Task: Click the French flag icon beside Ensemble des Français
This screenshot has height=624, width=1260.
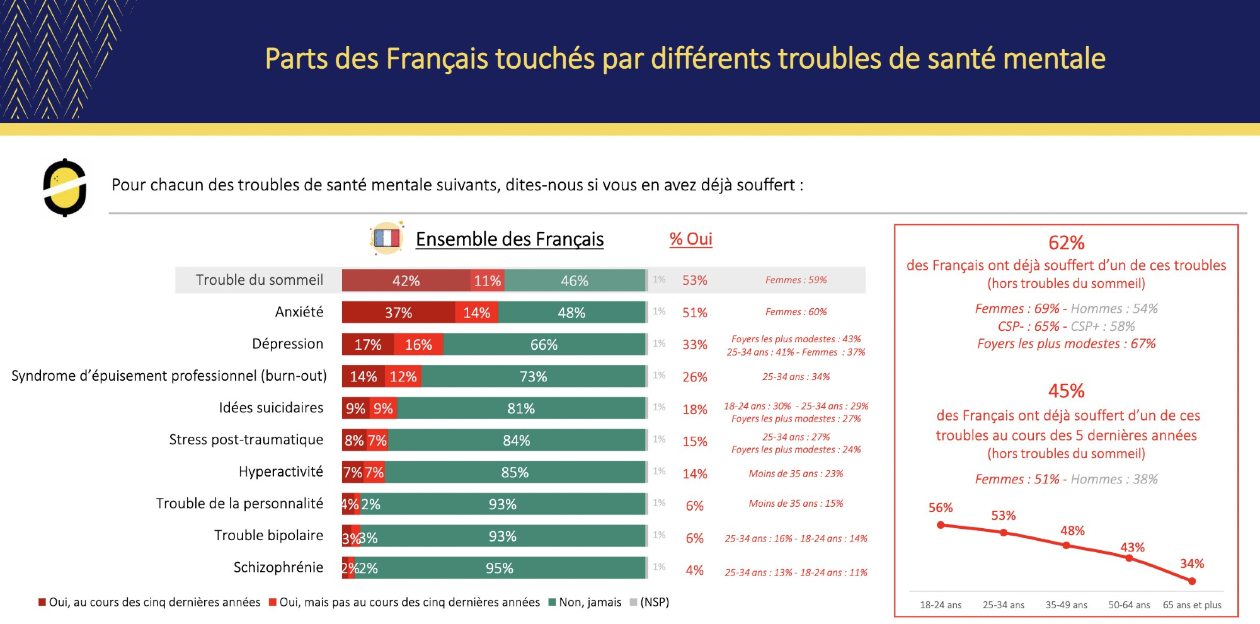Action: click(x=387, y=238)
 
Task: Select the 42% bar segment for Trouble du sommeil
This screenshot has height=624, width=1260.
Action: click(x=406, y=280)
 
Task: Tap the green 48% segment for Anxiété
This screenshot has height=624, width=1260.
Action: click(x=571, y=313)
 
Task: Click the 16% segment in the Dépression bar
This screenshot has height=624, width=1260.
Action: click(x=418, y=345)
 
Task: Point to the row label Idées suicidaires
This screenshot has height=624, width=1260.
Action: click(x=271, y=408)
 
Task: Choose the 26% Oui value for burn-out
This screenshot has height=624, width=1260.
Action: click(x=695, y=377)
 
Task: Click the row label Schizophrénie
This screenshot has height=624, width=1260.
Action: click(x=278, y=567)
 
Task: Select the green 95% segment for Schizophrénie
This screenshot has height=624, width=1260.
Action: click(x=500, y=568)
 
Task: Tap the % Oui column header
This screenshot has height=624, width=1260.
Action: click(x=690, y=239)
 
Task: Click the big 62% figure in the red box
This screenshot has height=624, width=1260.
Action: click(x=1066, y=243)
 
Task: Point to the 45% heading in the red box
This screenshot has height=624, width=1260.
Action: click(x=1066, y=391)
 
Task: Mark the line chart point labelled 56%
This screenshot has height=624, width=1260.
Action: click(x=941, y=525)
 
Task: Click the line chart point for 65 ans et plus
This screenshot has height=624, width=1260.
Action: click(x=1192, y=581)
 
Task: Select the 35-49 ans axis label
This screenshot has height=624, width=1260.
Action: click(x=1066, y=605)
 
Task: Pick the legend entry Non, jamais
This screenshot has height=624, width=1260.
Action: click(x=590, y=603)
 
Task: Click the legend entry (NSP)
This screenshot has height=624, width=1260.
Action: click(x=654, y=603)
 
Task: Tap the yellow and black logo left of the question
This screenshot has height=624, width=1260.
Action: click(x=64, y=188)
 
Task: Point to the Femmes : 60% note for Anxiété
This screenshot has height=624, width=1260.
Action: click(x=796, y=312)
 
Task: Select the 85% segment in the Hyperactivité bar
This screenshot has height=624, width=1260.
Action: click(x=515, y=473)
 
